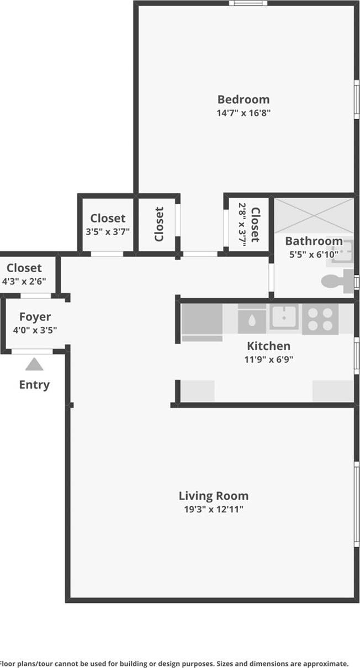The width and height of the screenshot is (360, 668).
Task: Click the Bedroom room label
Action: pos(243,99)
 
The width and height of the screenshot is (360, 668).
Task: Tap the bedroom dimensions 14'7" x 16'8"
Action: pos(243,113)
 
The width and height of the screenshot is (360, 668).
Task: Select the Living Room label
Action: pos(214,496)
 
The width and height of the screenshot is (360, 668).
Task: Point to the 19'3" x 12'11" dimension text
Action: pos(214,509)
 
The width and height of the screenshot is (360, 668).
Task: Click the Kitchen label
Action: pos(268,346)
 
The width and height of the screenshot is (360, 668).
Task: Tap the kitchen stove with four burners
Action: pos(320,319)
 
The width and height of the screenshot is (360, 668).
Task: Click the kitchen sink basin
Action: pos(284,317)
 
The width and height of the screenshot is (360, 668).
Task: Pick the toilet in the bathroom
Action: pos(337,281)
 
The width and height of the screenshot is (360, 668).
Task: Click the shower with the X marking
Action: pos(314,216)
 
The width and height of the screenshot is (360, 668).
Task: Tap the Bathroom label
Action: pos(314,241)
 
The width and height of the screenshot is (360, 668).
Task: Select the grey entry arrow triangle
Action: pos(34,364)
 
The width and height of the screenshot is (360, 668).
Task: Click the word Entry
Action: pos(34,385)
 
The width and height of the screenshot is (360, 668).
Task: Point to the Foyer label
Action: pos(35,317)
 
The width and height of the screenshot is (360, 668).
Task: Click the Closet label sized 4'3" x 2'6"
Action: pos(24,268)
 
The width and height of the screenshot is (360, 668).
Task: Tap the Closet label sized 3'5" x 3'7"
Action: pos(108,218)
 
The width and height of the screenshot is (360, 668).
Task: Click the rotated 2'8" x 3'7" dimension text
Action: pos(242,225)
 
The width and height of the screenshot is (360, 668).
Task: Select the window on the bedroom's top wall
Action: pos(248,3)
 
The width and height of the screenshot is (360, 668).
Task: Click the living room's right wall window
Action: pos(357,504)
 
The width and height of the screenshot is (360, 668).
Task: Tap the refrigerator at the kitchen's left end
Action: pos(202,322)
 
